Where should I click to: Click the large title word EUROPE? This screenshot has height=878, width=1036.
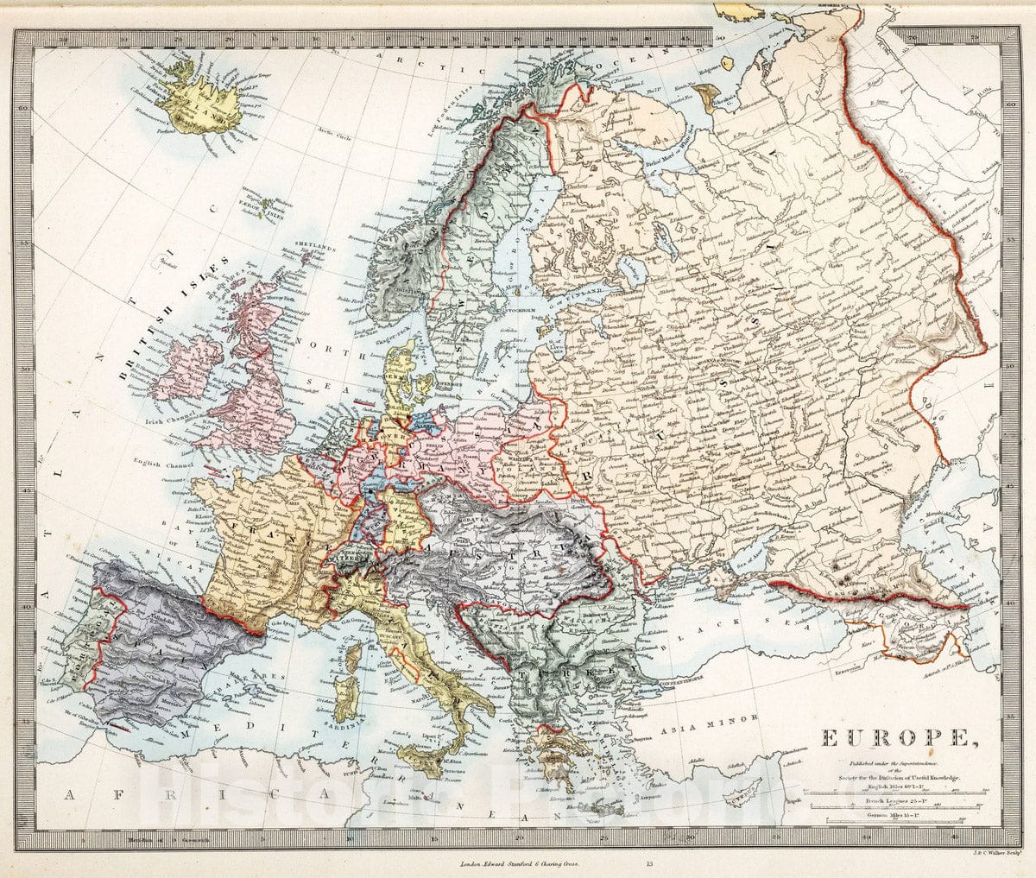(893, 739)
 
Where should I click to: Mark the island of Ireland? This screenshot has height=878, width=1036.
(187, 366)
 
